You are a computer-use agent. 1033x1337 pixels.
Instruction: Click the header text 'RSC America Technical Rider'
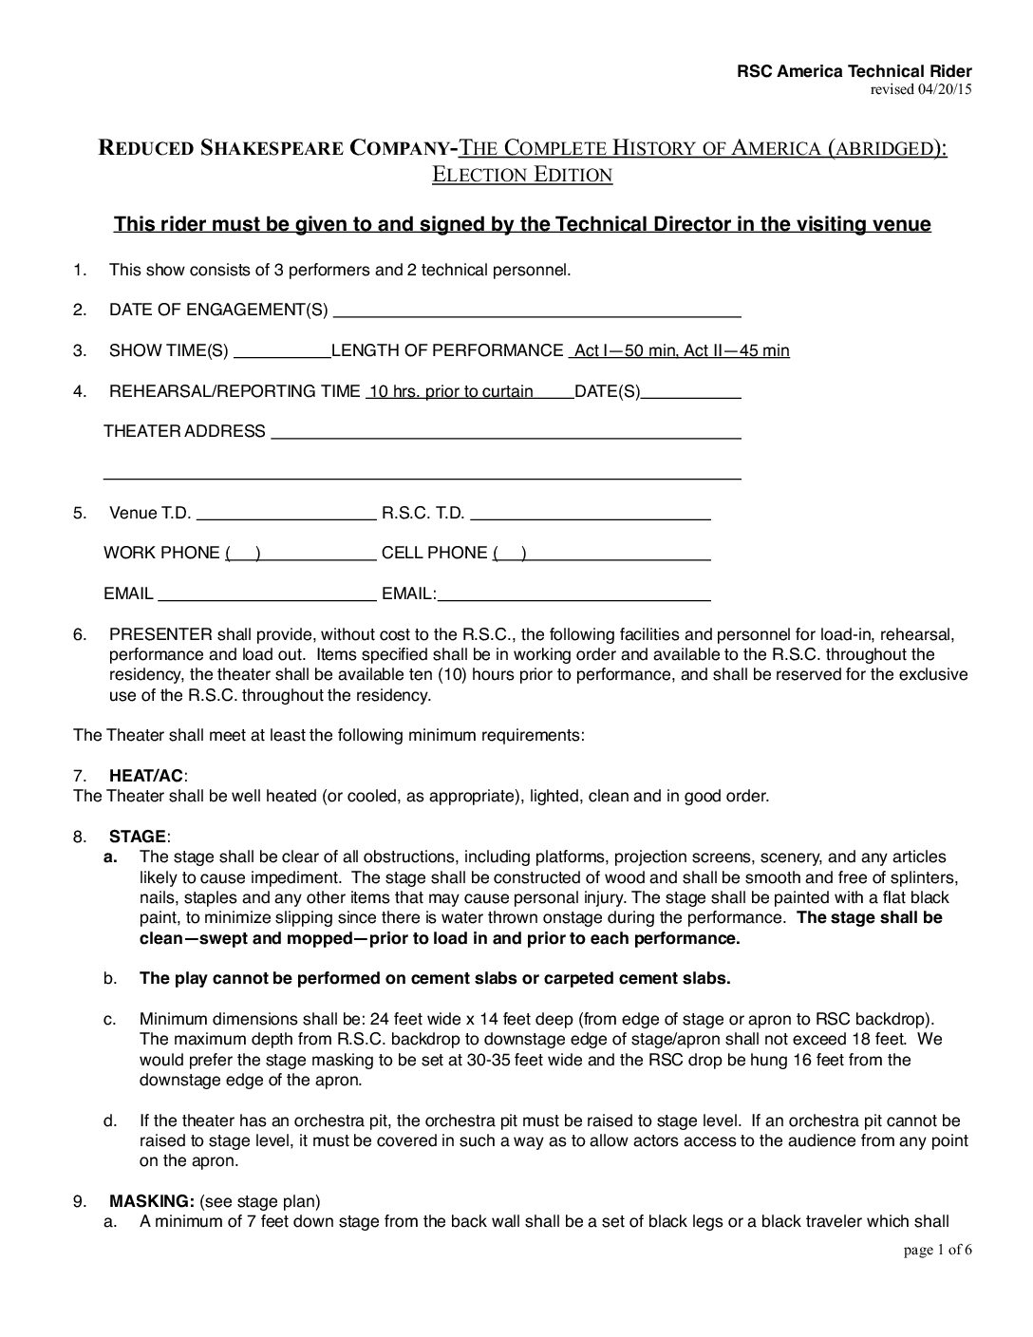(x=855, y=72)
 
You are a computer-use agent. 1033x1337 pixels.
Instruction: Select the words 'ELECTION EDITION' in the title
(x=522, y=175)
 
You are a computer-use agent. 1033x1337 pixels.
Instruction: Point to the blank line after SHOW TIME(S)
(x=281, y=351)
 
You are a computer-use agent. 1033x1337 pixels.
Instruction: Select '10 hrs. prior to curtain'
(x=451, y=391)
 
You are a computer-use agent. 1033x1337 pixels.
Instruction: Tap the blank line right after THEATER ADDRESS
(x=505, y=432)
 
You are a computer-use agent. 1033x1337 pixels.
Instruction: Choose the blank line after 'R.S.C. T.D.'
(x=591, y=514)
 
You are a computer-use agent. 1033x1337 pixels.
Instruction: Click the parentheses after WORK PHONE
(x=243, y=554)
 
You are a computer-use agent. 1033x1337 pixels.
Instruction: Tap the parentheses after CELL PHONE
(x=510, y=554)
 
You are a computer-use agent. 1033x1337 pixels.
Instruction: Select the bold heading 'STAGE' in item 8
(x=138, y=837)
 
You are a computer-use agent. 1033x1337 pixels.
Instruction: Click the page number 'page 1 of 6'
(x=938, y=1250)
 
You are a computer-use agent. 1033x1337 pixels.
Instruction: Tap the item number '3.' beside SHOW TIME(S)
(x=81, y=351)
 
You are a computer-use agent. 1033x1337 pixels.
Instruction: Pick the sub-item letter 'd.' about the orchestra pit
(x=110, y=1120)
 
